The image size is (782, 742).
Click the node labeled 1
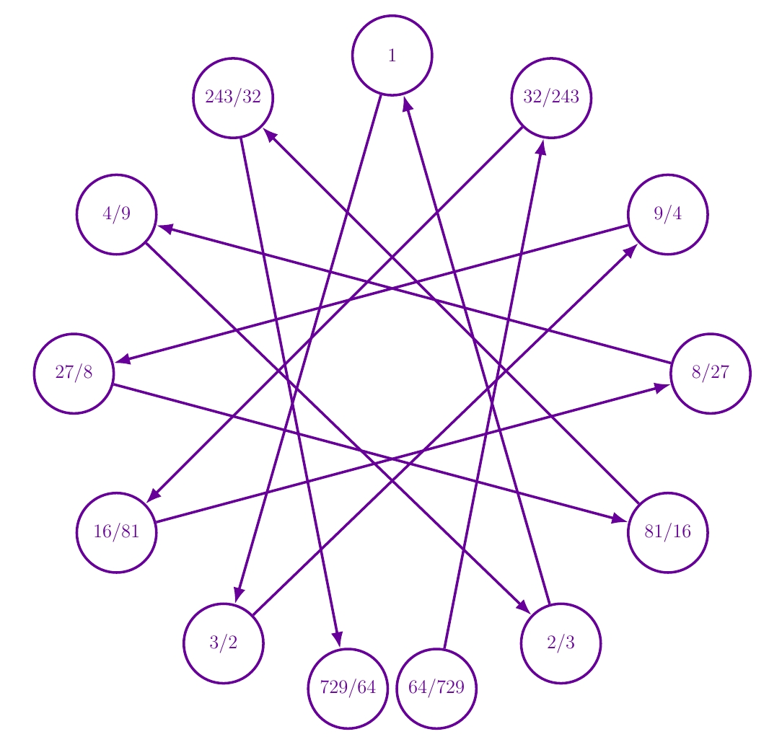click(392, 56)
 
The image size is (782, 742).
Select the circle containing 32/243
click(551, 97)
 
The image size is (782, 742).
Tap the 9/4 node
click(668, 214)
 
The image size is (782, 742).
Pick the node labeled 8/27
click(711, 374)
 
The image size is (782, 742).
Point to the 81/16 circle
click(668, 532)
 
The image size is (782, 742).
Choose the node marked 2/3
click(561, 643)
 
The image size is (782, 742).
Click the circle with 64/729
click(436, 688)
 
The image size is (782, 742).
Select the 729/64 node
click(348, 688)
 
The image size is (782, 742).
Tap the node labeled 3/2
click(224, 643)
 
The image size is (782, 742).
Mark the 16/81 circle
click(117, 532)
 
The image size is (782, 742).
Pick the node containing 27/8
click(74, 374)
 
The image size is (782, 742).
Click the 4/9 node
click(117, 214)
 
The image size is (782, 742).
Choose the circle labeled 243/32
click(233, 97)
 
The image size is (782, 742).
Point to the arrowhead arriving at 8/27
click(664, 387)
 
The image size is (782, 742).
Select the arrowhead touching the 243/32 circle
click(269, 133)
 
